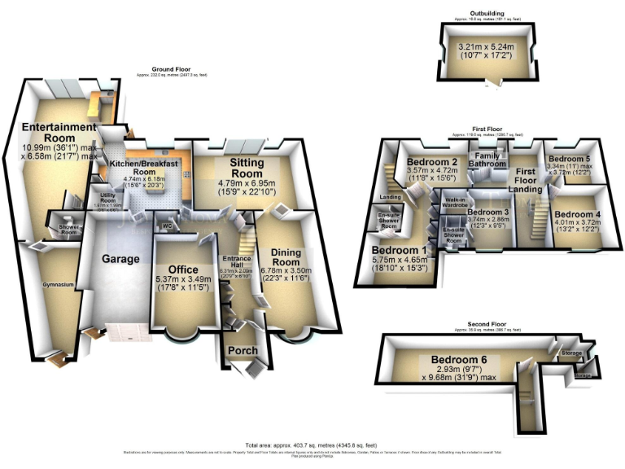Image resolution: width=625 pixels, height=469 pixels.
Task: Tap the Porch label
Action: pos(243,350)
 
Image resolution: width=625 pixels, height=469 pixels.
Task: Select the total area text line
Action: pos(312,445)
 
